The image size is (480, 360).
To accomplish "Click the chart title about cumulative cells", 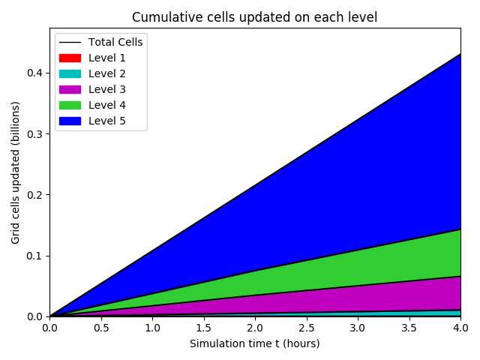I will [254, 17].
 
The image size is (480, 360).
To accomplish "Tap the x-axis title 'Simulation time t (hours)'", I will [254, 343].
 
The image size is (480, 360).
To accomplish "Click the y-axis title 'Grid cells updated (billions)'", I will [16, 172].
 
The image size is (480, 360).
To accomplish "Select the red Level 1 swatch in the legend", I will [70, 58].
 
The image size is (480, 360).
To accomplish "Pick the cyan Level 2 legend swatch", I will [70, 73].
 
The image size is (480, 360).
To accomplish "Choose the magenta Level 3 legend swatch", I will [70, 89].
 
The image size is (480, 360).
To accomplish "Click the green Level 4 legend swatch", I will [70, 105].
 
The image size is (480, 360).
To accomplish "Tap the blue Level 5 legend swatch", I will [70, 121].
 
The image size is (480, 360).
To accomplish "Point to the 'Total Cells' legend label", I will [115, 42].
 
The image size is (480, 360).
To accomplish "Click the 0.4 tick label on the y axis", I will [34, 73].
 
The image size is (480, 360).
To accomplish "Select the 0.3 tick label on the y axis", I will [34, 133].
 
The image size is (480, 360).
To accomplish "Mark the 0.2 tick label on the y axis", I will [34, 195].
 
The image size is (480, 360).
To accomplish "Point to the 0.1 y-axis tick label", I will [34, 256].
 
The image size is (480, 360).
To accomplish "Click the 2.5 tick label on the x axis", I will [306, 328].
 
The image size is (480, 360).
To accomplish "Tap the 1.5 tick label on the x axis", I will [203, 328].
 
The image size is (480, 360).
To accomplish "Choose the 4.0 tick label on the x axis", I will [460, 328].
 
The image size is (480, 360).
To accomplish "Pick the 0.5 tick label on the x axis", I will [100, 328].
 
